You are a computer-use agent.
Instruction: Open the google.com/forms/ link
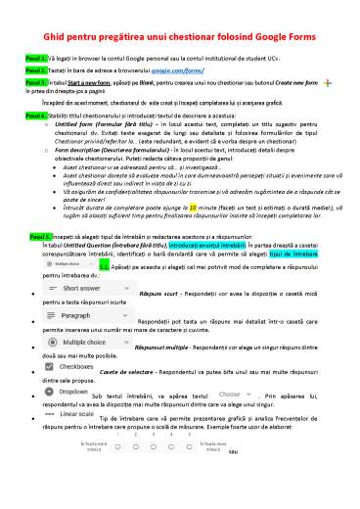pyautogui.click(x=206, y=71)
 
